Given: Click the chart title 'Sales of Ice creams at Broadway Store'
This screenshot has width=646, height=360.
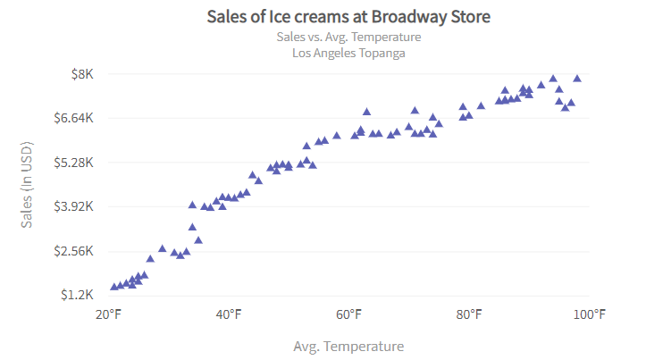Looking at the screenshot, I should tap(348, 17).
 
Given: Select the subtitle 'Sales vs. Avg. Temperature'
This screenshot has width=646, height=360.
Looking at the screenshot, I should tap(348, 37).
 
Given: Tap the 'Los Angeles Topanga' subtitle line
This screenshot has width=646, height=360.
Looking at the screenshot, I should tap(348, 53).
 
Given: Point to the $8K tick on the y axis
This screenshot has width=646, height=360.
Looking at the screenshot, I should tap(82, 74).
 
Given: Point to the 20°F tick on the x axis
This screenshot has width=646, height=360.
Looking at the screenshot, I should tap(109, 314).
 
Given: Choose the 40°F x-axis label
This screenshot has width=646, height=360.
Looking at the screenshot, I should tap(229, 314).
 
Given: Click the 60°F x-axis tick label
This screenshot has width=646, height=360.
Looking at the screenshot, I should tap(349, 314).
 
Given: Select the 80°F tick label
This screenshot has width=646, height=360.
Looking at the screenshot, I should tap(469, 314).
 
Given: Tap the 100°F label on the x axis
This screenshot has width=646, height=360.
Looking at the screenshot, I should tap(589, 314).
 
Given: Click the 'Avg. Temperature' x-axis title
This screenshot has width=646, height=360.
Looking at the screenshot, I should tap(348, 346).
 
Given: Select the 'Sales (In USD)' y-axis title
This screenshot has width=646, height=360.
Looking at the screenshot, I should tap(27, 184).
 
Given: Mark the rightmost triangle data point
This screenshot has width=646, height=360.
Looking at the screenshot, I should tap(577, 79).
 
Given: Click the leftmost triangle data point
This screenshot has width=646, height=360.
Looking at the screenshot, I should tap(114, 287).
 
